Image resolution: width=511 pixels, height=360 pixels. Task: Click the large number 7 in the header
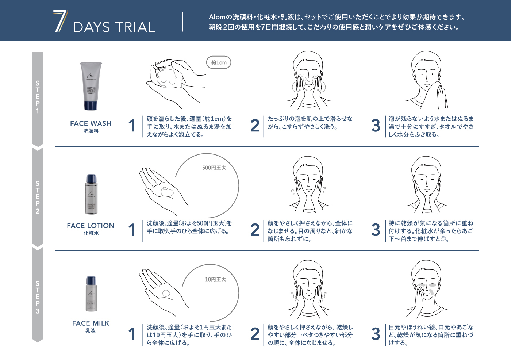pyautogui.click(x=60, y=21)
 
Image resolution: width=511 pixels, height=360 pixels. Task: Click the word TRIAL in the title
pyautogui.click(x=135, y=27)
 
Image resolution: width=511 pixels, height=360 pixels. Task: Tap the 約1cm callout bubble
pyautogui.click(x=219, y=62)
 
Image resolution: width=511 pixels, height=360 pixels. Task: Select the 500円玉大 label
pyautogui.click(x=214, y=168)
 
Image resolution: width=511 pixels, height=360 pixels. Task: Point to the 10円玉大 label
pyautogui.click(x=215, y=279)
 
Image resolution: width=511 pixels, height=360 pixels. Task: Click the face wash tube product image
pyautogui.click(x=91, y=86)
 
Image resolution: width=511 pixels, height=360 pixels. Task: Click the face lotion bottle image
pyautogui.click(x=91, y=194)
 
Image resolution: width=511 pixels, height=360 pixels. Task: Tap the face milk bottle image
pyautogui.click(x=91, y=294)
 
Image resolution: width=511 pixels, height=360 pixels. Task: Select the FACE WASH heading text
pyautogui.click(x=91, y=123)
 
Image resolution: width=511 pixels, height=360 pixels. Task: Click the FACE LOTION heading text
pyautogui.click(x=91, y=226)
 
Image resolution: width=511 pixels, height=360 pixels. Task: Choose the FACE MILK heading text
pyautogui.click(x=91, y=323)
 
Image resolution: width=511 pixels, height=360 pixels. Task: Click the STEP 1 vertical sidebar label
pyautogui.click(x=38, y=97)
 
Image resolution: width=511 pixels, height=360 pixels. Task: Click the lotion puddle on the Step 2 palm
pyautogui.click(x=167, y=192)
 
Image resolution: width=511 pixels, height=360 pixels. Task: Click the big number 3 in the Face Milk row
pyautogui.click(x=376, y=334)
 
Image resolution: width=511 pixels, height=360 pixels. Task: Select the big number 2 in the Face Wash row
pyautogui.click(x=255, y=126)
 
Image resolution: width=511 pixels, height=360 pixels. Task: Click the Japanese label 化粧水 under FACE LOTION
pyautogui.click(x=91, y=233)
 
